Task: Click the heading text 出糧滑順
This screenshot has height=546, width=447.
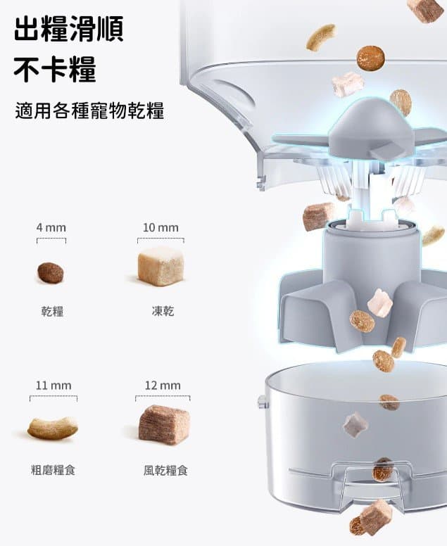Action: [69, 29]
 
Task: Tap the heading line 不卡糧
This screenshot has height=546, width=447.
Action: [55, 69]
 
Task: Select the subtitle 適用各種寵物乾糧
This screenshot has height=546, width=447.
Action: [89, 110]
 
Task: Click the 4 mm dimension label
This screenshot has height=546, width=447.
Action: [51, 228]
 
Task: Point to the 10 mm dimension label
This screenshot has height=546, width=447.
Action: [160, 228]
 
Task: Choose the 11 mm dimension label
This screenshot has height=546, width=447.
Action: [53, 386]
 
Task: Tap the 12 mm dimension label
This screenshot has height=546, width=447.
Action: [163, 386]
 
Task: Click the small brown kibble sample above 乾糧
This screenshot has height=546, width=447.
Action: [51, 273]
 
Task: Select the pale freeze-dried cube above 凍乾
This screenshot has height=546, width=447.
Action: [160, 266]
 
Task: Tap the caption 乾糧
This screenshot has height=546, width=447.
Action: [52, 311]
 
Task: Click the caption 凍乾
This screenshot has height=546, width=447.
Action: [163, 311]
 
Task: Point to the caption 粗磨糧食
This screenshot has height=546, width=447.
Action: [53, 470]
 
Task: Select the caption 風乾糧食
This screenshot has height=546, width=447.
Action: [165, 471]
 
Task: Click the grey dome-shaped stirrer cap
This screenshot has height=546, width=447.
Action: [372, 129]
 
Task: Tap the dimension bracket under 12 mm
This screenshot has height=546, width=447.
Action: [163, 396]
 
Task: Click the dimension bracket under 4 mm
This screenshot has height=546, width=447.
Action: [51, 239]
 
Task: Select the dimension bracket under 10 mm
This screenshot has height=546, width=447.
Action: [160, 239]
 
